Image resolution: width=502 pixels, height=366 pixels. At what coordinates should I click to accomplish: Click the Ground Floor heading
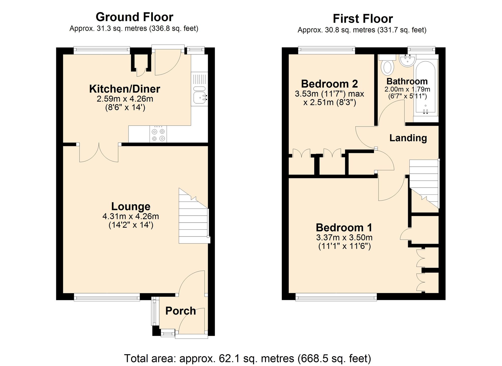click(x=134, y=17)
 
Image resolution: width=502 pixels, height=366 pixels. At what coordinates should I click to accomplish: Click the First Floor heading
click(x=362, y=19)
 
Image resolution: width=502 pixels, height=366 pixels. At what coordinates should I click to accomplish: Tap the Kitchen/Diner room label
click(x=124, y=89)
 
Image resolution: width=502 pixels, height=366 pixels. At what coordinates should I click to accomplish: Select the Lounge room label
click(x=131, y=206)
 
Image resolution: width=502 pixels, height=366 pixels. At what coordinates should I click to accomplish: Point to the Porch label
click(x=180, y=311)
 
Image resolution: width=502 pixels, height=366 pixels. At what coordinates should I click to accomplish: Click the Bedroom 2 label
click(x=329, y=84)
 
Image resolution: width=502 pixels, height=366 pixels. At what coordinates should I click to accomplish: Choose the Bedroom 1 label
click(x=344, y=227)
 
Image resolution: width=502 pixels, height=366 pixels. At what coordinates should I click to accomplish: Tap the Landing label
click(x=408, y=138)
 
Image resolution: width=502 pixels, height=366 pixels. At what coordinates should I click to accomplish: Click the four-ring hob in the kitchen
click(x=158, y=135)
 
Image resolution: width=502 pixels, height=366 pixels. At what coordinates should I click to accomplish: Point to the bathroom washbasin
click(x=407, y=61)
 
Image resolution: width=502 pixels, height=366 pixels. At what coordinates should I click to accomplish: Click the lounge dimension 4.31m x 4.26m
click(x=131, y=216)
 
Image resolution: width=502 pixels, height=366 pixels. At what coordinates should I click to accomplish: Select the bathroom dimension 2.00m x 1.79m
click(x=407, y=89)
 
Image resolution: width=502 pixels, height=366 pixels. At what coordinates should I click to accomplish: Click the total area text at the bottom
click(x=247, y=358)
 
